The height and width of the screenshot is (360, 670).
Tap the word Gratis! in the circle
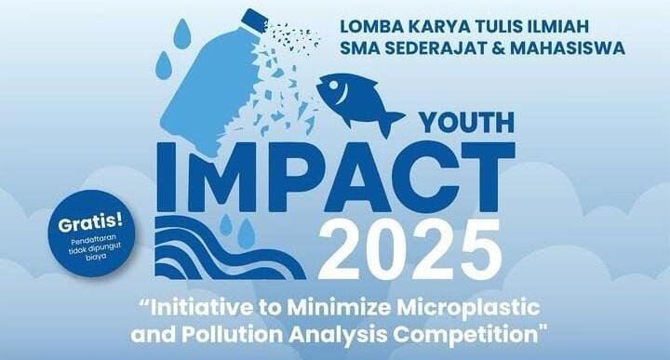(x=90, y=225)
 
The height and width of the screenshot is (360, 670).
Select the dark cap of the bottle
(x=254, y=20)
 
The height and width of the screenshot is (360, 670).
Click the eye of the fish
(x=333, y=88)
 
